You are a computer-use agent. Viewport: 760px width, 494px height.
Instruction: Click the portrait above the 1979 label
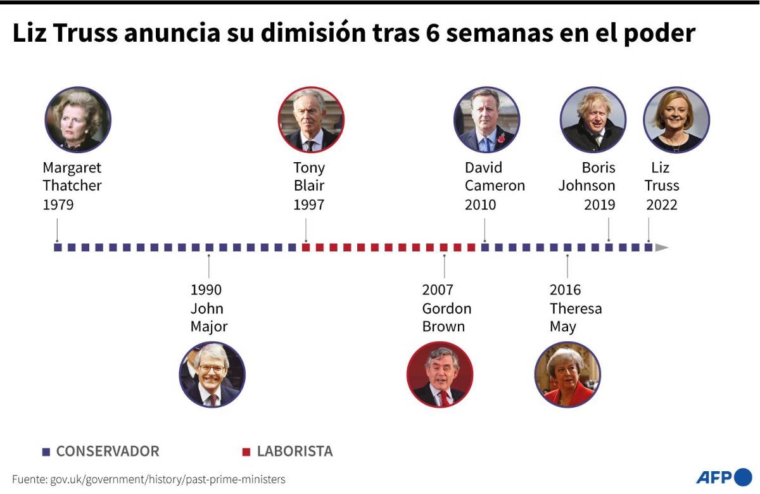(x=78, y=120)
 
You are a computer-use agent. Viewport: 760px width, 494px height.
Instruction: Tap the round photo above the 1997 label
(x=311, y=120)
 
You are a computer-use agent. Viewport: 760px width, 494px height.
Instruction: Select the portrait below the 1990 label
(x=212, y=374)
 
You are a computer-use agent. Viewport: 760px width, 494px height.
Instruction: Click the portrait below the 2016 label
(x=567, y=374)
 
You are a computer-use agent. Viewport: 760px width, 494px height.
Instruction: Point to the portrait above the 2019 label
(x=593, y=120)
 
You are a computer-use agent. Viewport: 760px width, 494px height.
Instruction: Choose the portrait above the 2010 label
(x=486, y=120)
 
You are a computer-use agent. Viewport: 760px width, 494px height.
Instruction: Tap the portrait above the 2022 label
(x=676, y=120)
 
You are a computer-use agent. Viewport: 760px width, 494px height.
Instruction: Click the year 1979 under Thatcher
(x=58, y=205)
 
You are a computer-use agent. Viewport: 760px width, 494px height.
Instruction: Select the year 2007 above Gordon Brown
(x=438, y=290)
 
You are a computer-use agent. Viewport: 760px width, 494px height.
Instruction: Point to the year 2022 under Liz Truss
(x=661, y=205)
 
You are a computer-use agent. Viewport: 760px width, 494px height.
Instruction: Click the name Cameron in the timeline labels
(x=495, y=186)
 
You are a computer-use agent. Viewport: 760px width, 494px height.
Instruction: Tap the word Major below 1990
(x=209, y=327)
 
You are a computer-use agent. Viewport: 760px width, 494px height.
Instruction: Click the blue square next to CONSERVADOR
(x=46, y=452)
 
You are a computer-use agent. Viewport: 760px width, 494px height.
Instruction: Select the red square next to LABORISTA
(x=246, y=452)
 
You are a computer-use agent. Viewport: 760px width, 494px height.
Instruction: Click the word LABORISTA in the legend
(x=294, y=452)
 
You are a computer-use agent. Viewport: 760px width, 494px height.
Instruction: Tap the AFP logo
(x=723, y=477)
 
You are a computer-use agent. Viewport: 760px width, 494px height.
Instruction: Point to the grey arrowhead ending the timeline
(x=662, y=248)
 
